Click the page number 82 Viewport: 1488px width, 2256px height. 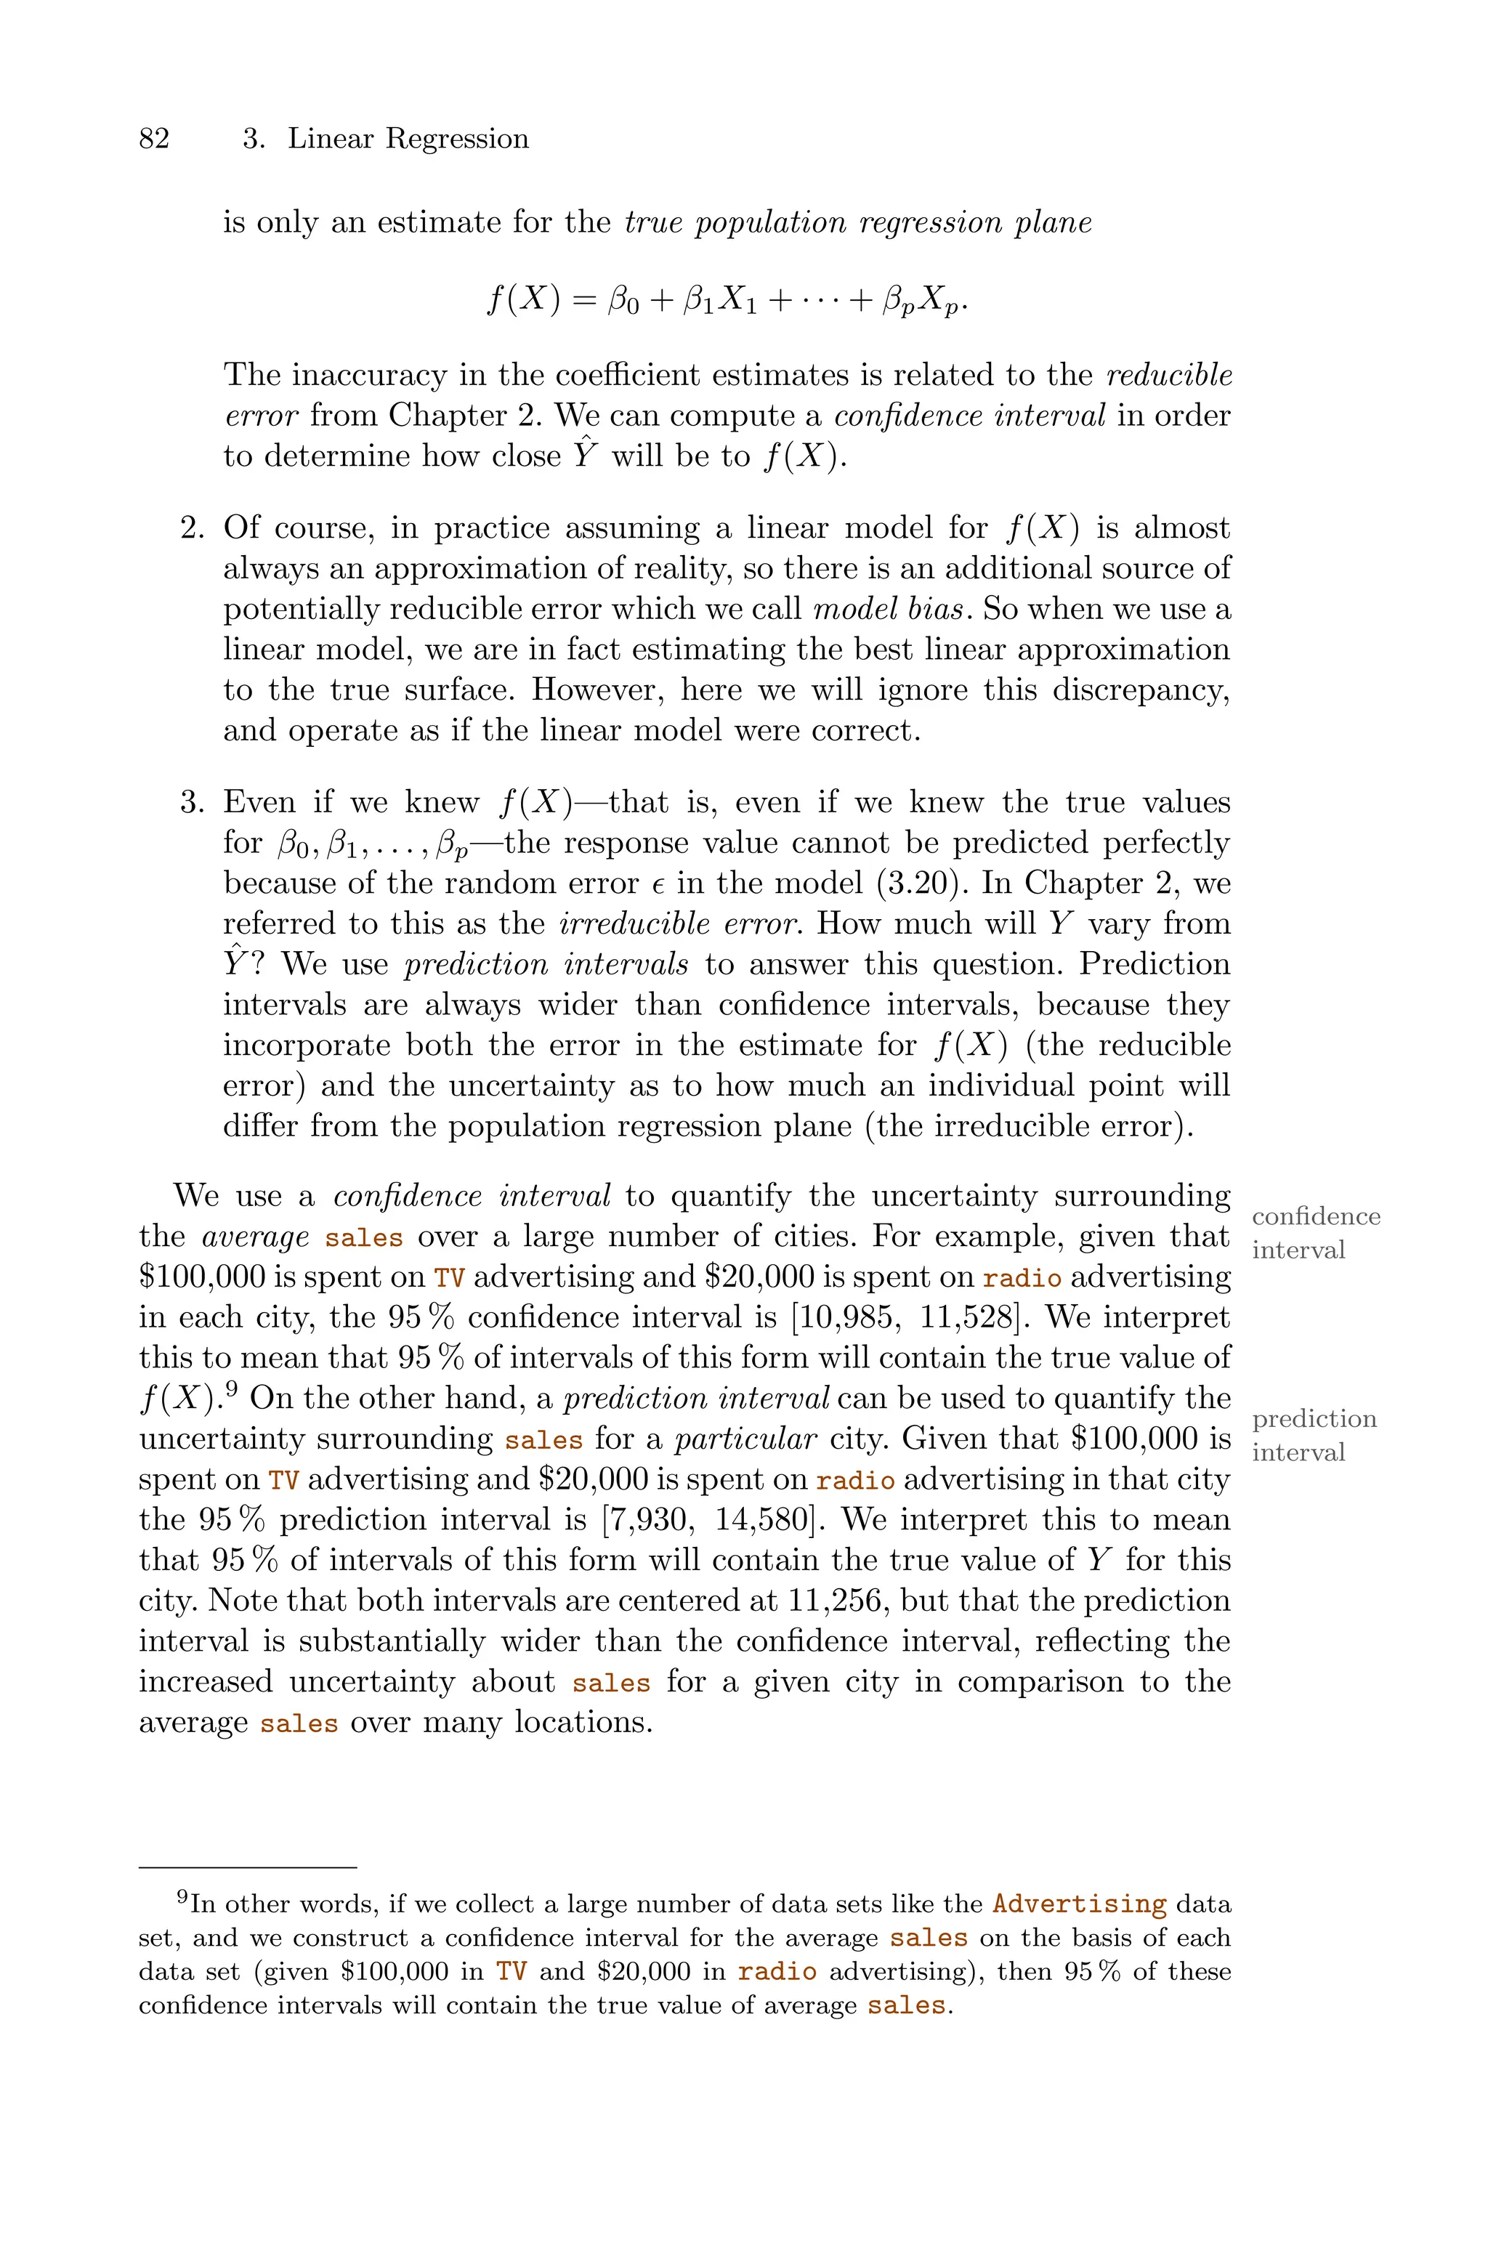(154, 140)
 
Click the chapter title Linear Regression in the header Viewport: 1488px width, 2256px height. (408, 140)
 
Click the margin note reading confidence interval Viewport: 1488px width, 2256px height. (1314, 1232)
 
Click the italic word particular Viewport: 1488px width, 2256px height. (745, 1439)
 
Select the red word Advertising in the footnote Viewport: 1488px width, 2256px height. (1079, 1904)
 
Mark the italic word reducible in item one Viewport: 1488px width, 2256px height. (1169, 376)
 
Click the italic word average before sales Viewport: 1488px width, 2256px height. (255, 1237)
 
